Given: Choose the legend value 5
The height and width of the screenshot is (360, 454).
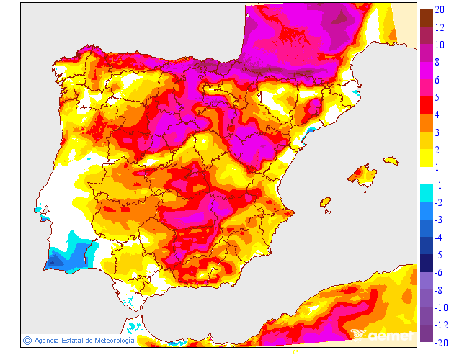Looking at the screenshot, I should click(439, 97).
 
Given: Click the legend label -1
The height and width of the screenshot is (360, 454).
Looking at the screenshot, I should click(440, 184).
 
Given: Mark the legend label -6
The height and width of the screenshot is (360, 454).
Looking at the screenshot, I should click(440, 254).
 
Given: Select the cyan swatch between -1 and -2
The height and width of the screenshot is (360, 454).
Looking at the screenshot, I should click(427, 193).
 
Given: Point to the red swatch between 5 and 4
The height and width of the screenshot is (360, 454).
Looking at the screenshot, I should click(427, 105).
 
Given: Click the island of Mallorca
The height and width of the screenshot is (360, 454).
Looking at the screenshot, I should click(363, 176).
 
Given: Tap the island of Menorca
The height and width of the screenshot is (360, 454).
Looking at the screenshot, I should click(390, 160).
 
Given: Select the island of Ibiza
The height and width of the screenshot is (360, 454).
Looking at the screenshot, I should click(325, 204).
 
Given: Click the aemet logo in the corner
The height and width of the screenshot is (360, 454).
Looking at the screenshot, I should click(382, 334).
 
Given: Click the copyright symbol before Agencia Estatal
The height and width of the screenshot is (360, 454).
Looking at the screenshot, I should click(27, 340).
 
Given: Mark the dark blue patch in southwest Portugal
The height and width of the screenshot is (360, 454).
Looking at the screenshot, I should click(58, 260).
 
